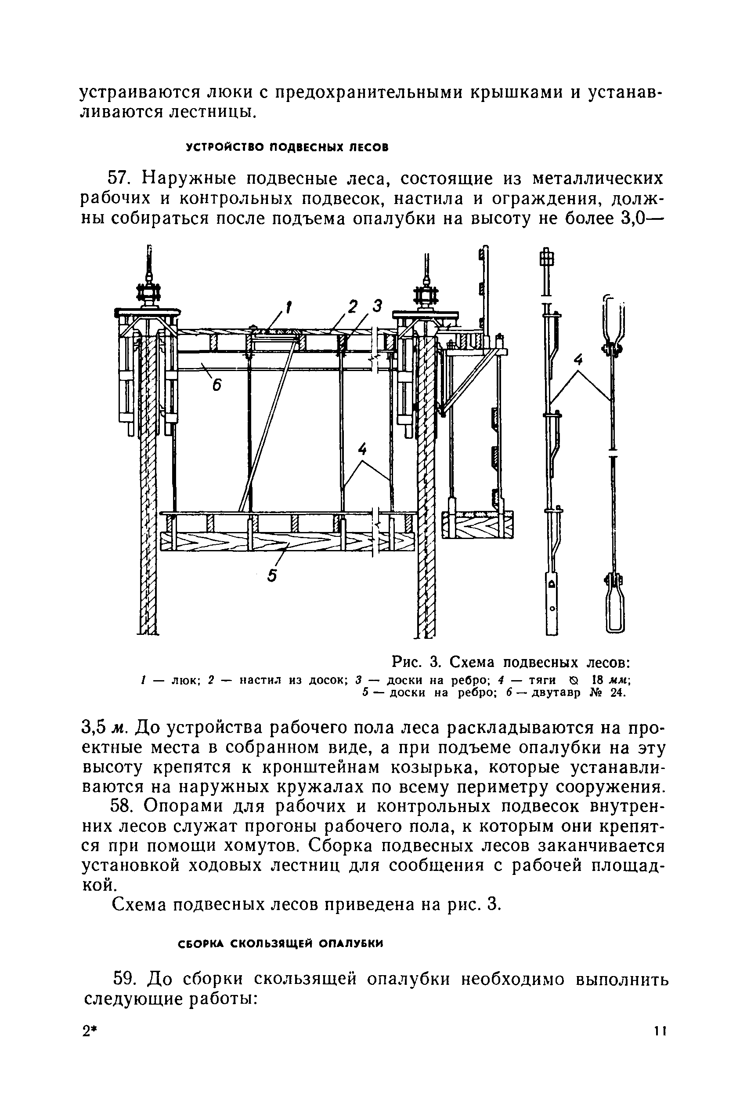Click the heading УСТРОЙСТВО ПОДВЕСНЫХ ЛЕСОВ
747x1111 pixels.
tap(287, 147)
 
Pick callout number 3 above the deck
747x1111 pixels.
tap(377, 307)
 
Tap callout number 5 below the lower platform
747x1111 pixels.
tap(271, 576)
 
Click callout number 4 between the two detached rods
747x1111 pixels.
tap(578, 361)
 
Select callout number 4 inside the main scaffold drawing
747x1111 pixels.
tap(363, 450)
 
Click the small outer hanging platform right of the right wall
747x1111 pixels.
tap(478, 525)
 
